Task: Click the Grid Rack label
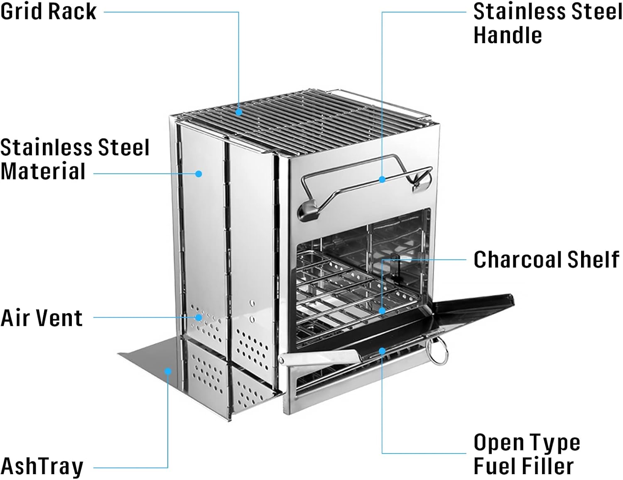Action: coord(48,11)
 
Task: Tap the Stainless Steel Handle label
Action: coord(547,23)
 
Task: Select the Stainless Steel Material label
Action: coord(75,159)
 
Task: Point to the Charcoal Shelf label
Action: coord(546,260)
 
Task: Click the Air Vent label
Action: coord(42,318)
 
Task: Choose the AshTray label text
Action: coord(42,466)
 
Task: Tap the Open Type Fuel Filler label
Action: coord(527,454)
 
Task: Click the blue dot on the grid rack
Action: coord(239,112)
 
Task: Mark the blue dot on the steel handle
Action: coord(382,179)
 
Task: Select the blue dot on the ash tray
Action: coord(168,371)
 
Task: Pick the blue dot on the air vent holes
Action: coord(199,318)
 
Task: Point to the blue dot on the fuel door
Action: coord(382,351)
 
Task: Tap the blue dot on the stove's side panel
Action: coord(199,174)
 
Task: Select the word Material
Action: coord(43,171)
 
